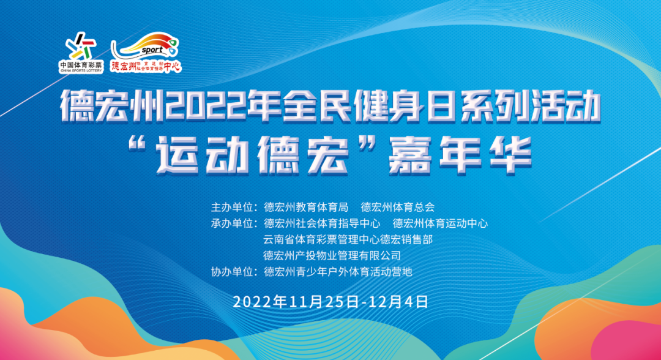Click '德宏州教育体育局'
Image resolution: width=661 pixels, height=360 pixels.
306,207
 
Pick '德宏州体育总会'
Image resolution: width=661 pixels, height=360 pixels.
398,207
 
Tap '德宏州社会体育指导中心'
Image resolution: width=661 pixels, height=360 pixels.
322,223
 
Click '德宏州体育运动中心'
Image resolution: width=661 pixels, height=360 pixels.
440,223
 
